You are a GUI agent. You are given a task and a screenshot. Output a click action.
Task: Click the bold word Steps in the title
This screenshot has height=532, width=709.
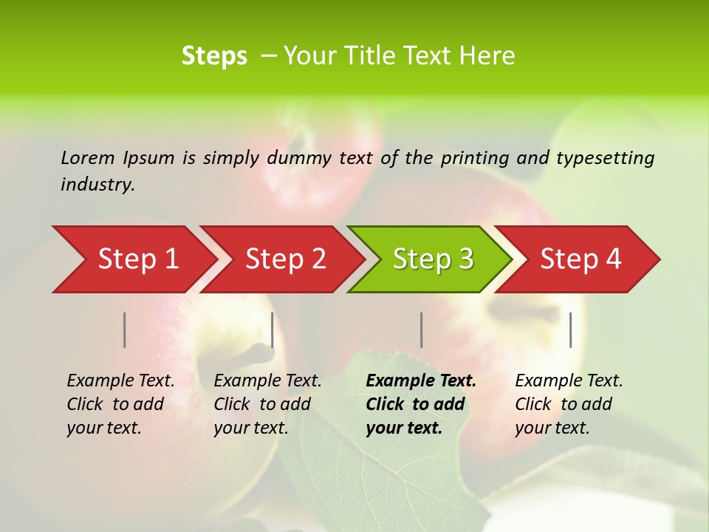point(214,56)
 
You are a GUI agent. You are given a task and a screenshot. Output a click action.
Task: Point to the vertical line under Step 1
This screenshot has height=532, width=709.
point(125,330)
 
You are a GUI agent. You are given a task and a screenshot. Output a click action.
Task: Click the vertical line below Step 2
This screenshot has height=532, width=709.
point(273,330)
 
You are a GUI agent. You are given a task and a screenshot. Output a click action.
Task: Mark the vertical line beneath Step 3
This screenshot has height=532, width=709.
point(421,330)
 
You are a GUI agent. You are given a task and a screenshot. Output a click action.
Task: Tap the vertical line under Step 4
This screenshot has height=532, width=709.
point(570,330)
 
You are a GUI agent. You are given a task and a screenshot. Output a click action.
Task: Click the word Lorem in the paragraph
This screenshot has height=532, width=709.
point(87,157)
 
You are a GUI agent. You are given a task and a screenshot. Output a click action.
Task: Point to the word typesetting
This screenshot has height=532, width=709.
point(605,158)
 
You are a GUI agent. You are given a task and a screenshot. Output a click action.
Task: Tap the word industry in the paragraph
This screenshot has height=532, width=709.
point(96,185)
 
